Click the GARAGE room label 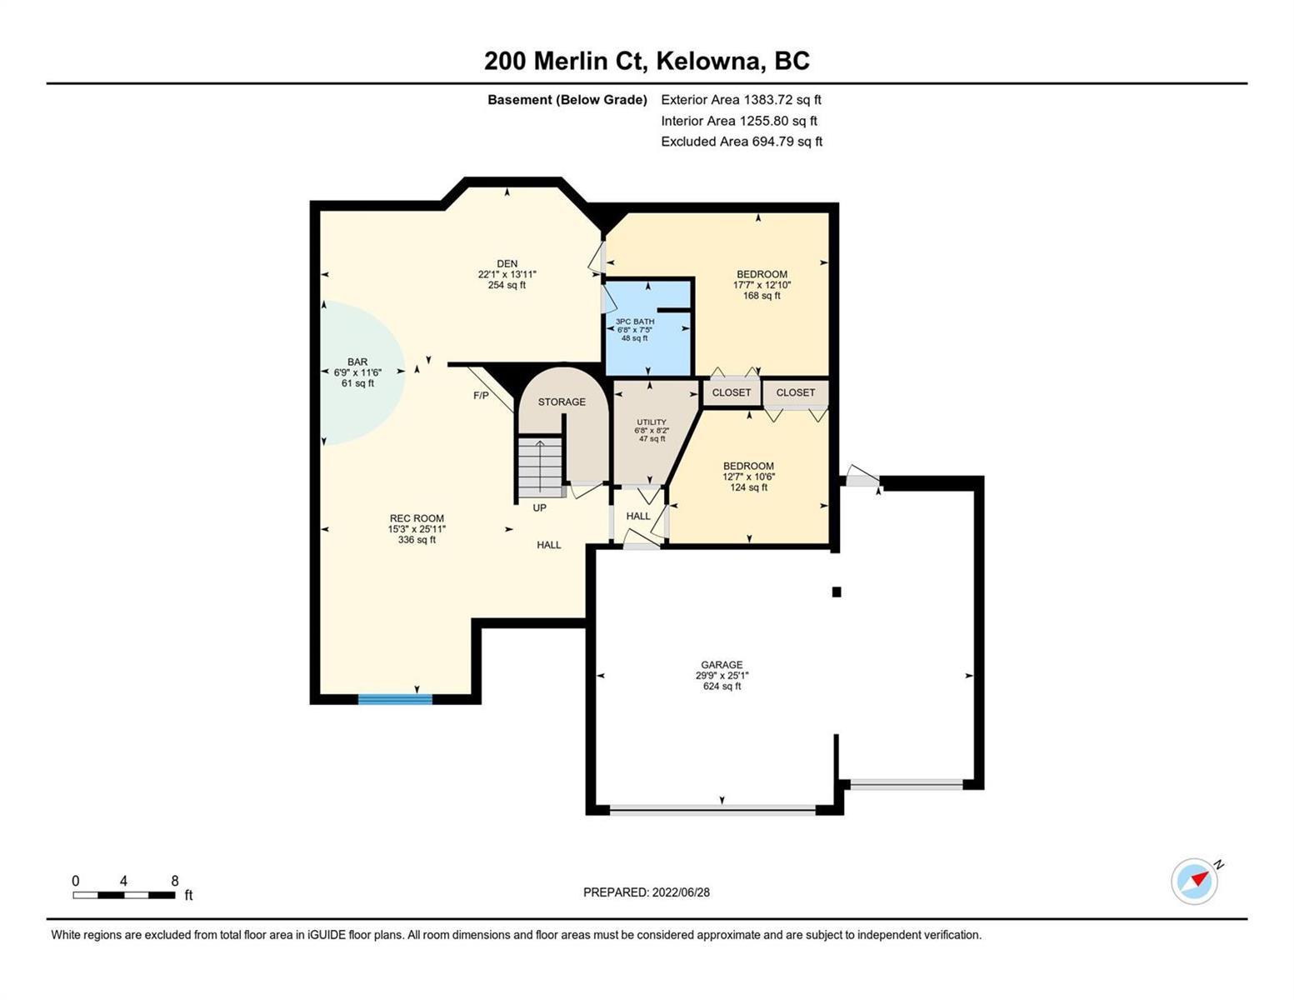point(722,665)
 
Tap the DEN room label point(507,264)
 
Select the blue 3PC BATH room point(647,328)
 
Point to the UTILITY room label point(652,422)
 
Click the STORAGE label point(562,402)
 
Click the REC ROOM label point(417,519)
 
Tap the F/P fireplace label point(481,396)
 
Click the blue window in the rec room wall point(396,699)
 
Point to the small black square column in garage point(837,592)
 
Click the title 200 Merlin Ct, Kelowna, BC point(647,61)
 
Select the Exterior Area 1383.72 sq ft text point(741,100)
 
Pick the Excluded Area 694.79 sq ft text point(742,142)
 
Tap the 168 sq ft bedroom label point(762,296)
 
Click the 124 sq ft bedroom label point(748,487)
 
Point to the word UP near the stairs point(540,508)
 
